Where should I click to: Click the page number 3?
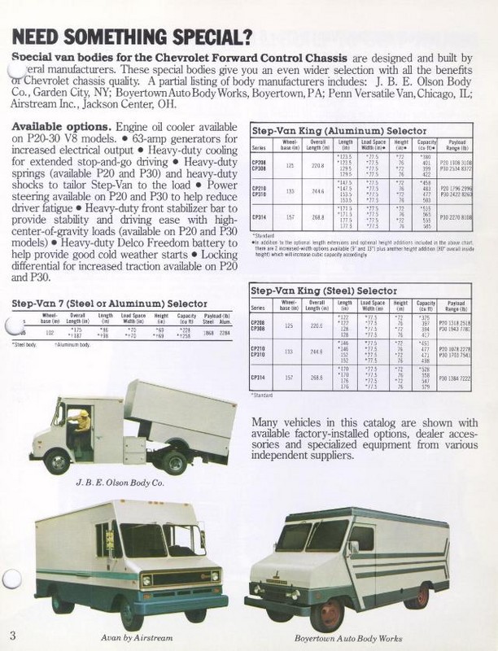(13, 634)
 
